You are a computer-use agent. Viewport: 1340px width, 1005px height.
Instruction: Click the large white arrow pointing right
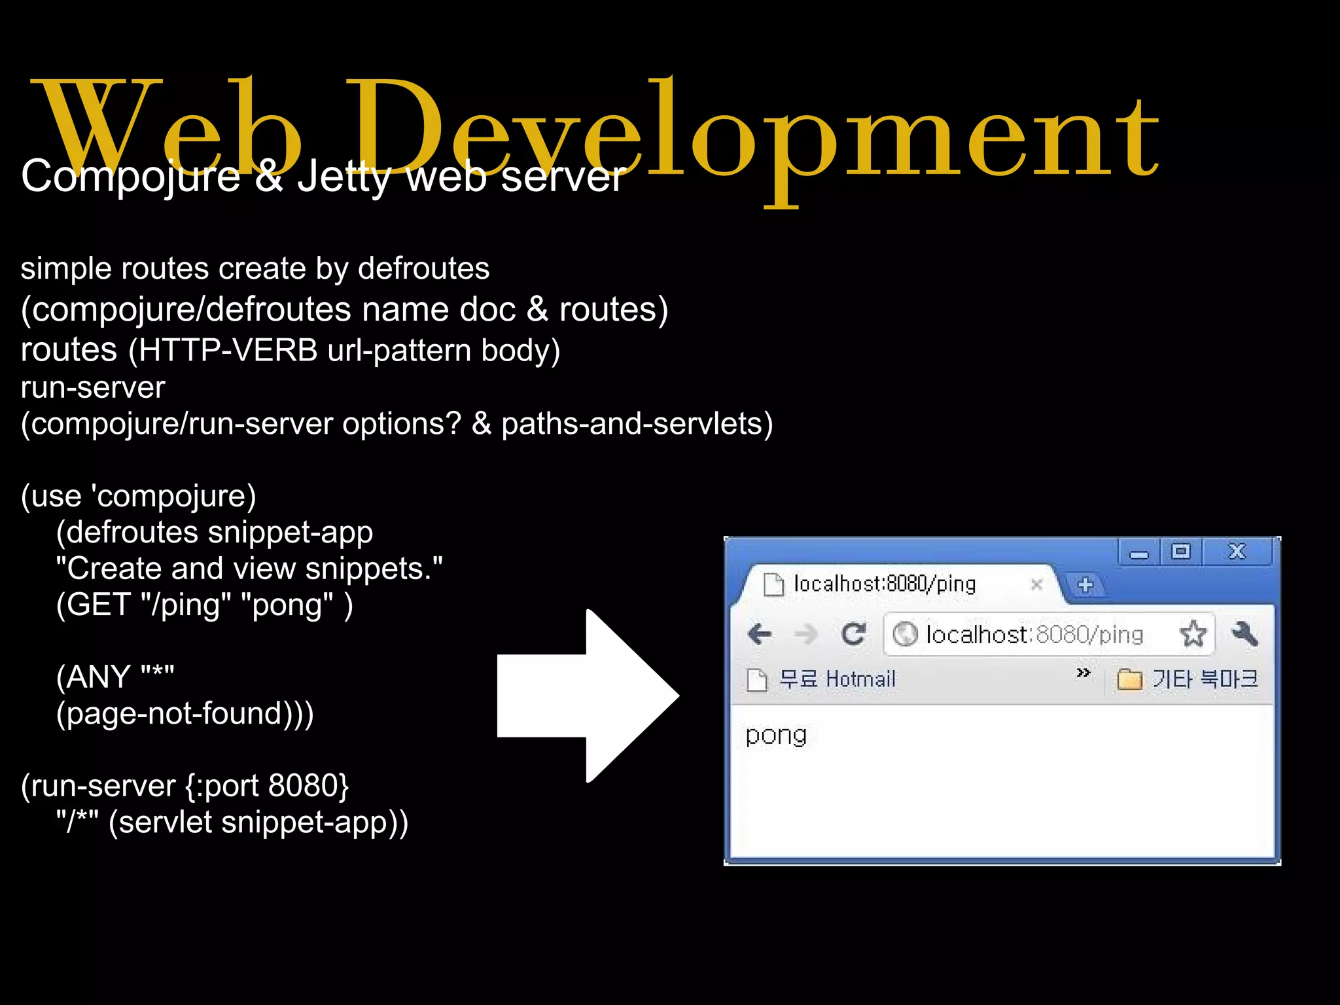589,696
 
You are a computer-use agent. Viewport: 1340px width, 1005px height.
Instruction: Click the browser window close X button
1237,552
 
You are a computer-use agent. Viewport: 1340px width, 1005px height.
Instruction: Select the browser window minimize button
1139,554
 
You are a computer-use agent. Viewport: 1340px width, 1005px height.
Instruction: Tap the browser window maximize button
1181,552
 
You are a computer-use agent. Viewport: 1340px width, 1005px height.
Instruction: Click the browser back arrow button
760,633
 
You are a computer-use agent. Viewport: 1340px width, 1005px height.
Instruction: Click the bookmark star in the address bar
1193,633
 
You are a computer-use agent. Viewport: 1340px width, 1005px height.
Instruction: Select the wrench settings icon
1244,633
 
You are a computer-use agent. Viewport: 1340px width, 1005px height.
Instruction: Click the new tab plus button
1085,584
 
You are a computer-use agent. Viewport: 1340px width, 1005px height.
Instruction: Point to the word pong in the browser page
776,735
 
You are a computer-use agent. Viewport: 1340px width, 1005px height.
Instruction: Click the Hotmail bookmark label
860,679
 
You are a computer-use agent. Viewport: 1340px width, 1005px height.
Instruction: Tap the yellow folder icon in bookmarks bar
1129,680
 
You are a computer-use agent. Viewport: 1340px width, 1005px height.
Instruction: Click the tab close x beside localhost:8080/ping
1036,584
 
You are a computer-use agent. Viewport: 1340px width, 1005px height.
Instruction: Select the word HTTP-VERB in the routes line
228,351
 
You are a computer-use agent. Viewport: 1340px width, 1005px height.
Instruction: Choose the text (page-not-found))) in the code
185,714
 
